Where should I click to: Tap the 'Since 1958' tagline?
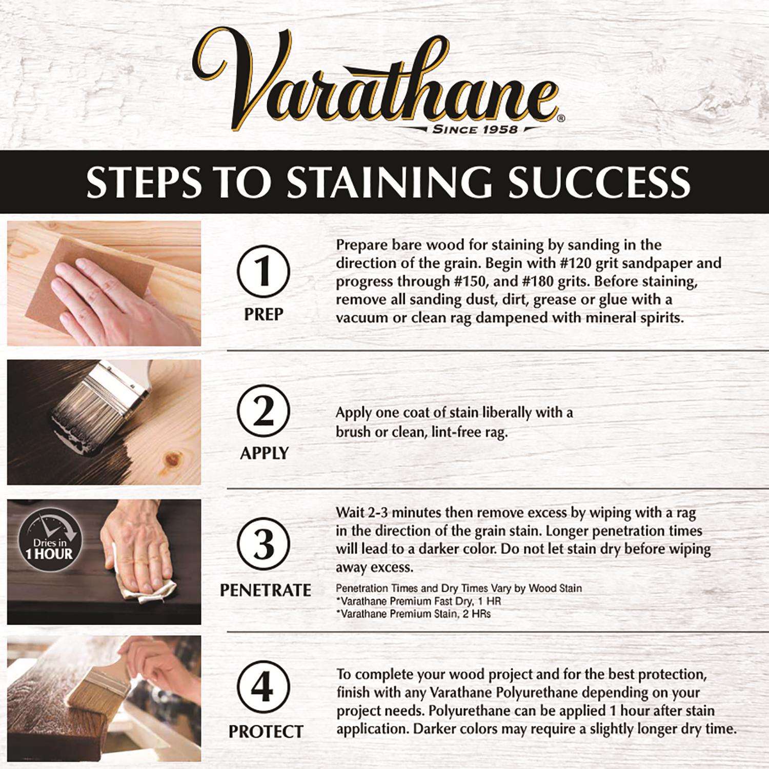(475, 129)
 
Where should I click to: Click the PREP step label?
(264, 314)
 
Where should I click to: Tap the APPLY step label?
(264, 453)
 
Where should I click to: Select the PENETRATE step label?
(265, 590)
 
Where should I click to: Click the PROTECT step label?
(266, 732)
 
